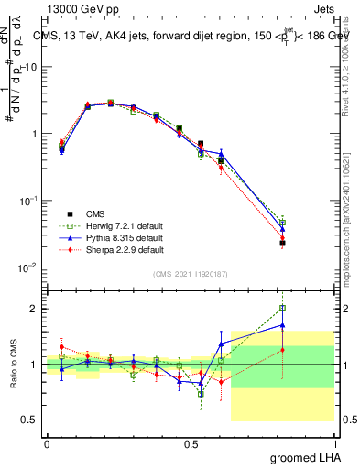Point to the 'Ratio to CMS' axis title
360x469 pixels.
[13, 365]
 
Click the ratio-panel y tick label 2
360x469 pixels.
[33, 309]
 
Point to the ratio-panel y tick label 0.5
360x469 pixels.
[29, 420]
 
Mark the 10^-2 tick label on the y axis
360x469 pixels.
[27, 267]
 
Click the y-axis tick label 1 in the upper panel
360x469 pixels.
[33, 134]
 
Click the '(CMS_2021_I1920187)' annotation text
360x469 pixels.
[191, 274]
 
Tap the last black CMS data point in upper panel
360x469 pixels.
[283, 243]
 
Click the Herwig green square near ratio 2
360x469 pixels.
[283, 308]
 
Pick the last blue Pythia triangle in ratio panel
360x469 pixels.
[283, 325]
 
